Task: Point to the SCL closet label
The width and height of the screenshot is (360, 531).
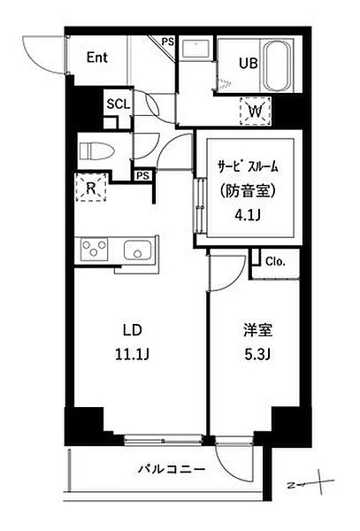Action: (x=118, y=103)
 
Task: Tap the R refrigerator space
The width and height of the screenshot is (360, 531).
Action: (x=92, y=188)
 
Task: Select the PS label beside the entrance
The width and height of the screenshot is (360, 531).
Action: (x=166, y=41)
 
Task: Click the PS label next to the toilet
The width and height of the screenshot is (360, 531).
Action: (x=142, y=174)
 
